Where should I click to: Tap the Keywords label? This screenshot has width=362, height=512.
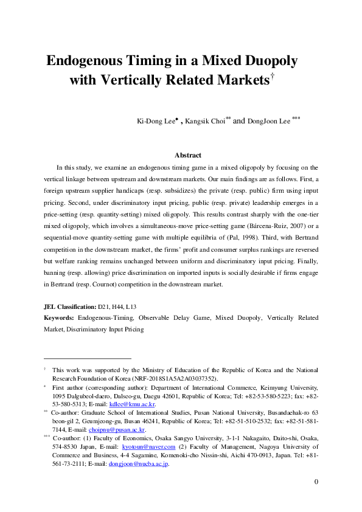(60, 318)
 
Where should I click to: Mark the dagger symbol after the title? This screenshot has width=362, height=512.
(273, 75)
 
